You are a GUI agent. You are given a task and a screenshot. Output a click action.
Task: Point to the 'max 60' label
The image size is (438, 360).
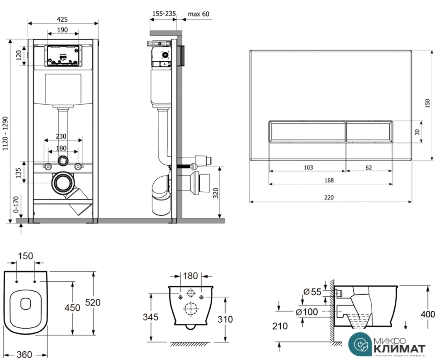[x=198, y=14]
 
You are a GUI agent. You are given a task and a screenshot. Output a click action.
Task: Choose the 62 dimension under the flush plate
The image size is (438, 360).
[x=368, y=167]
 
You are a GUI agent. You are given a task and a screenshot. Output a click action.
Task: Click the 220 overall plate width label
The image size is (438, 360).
[x=329, y=197]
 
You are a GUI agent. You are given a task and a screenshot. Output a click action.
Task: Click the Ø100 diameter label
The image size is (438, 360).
[x=307, y=312]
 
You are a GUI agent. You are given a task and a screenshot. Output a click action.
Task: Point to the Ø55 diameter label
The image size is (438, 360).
[x=312, y=292]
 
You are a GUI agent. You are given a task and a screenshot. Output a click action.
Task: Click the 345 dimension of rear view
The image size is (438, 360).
[x=151, y=317]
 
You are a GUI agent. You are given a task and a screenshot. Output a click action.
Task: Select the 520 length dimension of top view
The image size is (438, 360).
[x=92, y=302]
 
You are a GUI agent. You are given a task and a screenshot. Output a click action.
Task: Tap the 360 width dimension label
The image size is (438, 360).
[x=25, y=354]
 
